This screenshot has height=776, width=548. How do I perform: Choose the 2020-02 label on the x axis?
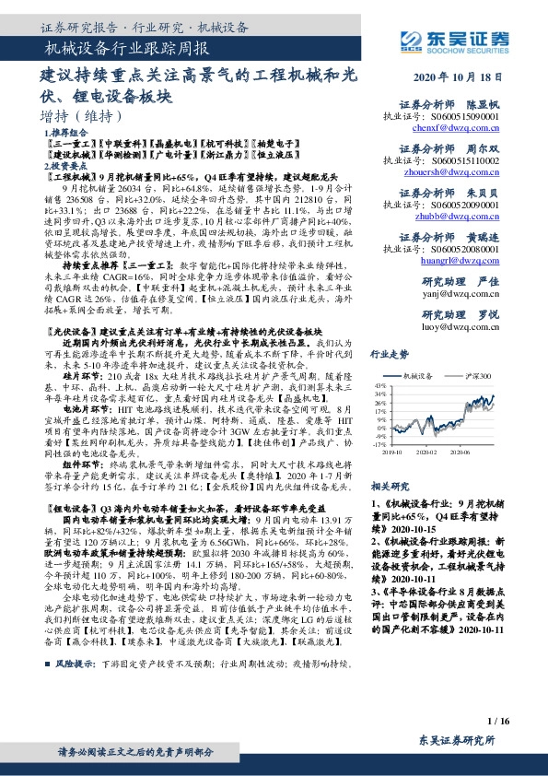pos(426,453)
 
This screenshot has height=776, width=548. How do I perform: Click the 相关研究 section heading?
pos(388,485)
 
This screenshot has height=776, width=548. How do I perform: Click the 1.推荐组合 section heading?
pos(66,134)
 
